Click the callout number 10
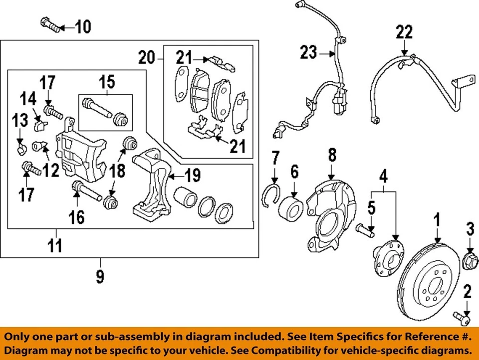click(83, 25)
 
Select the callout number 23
click(309, 51)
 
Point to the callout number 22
click(405, 32)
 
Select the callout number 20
click(147, 59)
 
